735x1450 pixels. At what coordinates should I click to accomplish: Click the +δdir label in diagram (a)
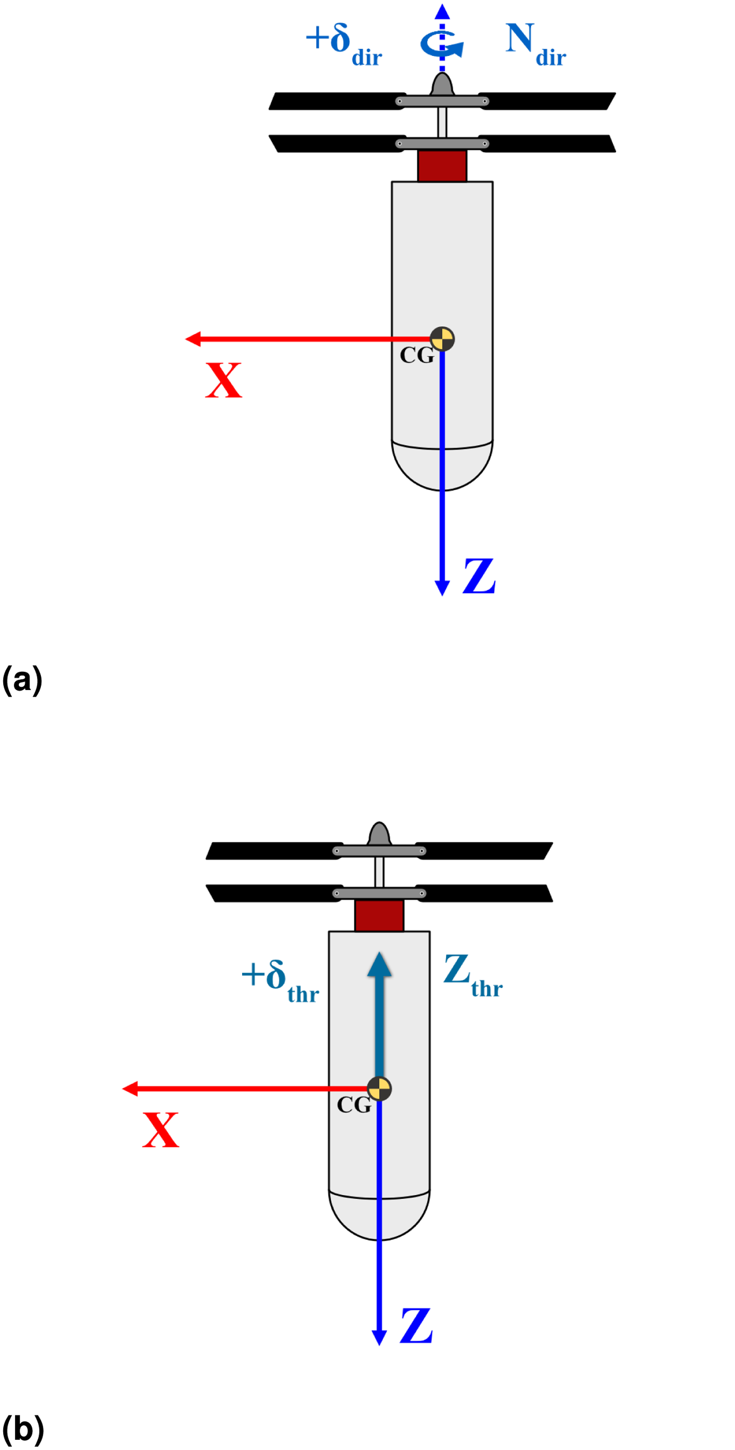coord(344,45)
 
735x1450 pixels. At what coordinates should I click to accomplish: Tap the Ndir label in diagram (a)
coord(536,45)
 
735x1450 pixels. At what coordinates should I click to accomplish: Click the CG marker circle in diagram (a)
coord(442,339)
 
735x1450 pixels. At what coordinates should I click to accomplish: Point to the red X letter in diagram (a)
coord(224,381)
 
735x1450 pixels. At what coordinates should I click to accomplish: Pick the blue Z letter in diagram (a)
coord(479,576)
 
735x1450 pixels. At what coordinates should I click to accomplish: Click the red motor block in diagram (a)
coord(442,165)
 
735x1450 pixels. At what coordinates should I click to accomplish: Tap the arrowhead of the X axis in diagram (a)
coord(192,339)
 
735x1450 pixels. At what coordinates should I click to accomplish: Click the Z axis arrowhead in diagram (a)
coord(442,588)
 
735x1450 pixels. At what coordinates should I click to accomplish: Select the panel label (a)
coord(22,680)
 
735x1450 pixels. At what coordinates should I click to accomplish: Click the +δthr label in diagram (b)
coord(280,981)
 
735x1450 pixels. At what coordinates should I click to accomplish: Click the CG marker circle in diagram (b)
coord(379,1089)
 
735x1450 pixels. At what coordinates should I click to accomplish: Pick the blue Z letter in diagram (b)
coord(416,1326)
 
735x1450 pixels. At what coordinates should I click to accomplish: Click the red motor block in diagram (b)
coord(379,915)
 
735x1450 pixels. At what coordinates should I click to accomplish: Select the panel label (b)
coord(23,1430)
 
